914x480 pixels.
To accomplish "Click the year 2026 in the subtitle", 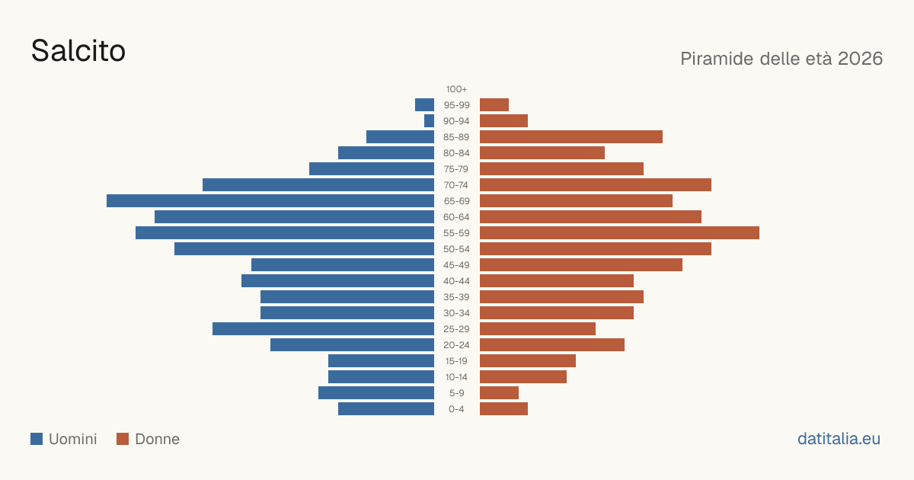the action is coord(860,59).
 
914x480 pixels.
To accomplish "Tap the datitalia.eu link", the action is coord(839,439).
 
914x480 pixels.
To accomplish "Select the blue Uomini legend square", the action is coord(37,439).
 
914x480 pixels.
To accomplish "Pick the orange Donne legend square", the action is coord(123,439).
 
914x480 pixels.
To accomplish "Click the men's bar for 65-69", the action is coord(270,201).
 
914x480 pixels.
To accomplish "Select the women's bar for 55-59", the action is coord(619,232).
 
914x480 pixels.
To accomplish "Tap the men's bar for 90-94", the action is coord(429,121).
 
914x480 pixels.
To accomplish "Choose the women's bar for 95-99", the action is coord(494,105).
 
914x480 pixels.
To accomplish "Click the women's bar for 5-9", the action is coord(499,392).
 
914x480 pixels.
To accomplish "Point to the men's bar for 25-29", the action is coord(323,329).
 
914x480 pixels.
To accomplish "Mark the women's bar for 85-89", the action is coord(571,136).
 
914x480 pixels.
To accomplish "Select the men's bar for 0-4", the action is coord(386,408).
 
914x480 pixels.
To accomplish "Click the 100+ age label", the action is coord(456,89).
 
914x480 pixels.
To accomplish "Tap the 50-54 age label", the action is coord(456,249).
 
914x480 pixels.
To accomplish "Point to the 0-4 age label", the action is coord(456,409).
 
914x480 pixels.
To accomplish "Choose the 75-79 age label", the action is coord(456,169).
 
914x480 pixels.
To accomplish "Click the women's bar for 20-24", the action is coord(552,345).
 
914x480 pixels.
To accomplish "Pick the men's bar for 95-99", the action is coord(424,105).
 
